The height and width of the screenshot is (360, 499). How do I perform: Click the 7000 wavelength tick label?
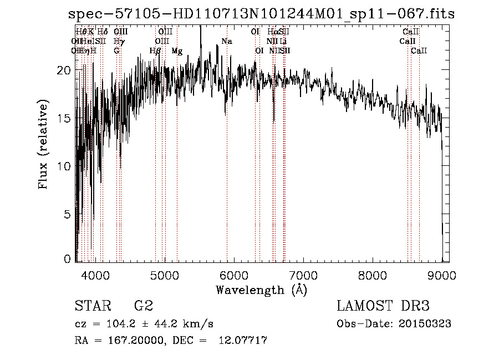[303, 275]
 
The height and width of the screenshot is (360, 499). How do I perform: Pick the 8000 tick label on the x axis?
[373, 275]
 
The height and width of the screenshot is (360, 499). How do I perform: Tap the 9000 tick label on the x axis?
[442, 275]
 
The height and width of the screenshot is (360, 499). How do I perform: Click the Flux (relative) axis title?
[43, 145]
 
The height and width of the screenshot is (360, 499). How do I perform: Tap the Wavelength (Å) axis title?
[261, 290]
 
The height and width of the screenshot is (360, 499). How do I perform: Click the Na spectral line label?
[226, 41]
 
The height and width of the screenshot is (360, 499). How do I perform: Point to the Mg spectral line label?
[177, 51]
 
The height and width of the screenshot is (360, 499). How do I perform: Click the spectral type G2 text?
[143, 306]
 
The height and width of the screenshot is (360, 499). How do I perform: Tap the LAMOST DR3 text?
[383, 306]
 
